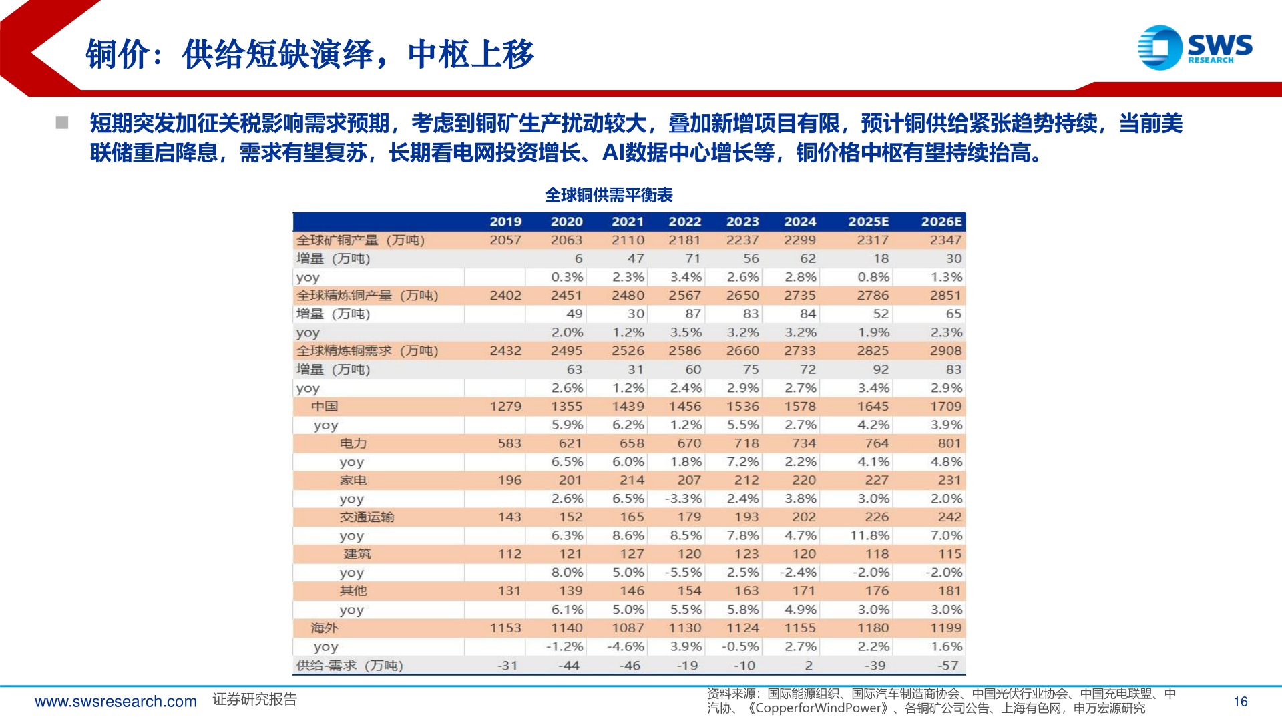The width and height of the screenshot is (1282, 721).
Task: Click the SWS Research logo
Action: click(1195, 47)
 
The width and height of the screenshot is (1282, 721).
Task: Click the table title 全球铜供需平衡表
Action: click(608, 195)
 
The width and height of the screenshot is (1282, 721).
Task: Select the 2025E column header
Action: click(868, 222)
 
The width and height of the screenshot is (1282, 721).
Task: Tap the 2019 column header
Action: click(505, 222)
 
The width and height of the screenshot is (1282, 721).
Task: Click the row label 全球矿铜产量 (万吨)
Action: click(361, 240)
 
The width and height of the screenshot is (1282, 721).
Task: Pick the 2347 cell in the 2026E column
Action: click(945, 240)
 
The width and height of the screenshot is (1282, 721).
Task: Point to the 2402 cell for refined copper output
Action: click(505, 296)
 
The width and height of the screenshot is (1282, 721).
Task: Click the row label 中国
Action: click(325, 407)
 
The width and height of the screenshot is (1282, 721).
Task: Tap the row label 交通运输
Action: click(367, 517)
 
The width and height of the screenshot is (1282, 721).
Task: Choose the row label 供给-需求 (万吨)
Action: click(349, 666)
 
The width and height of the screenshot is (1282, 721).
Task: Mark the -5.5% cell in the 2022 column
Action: click(683, 573)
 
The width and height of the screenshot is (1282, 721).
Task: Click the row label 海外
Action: click(325, 628)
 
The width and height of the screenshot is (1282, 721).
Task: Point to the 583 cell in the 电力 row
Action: click(509, 443)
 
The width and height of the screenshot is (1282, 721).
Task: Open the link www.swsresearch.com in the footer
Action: click(116, 702)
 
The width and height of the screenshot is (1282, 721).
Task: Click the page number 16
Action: click(1241, 702)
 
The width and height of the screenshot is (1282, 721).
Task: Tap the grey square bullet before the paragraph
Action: click(62, 123)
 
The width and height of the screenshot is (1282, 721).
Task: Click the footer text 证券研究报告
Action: click(254, 700)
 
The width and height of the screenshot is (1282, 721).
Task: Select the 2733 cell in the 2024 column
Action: click(800, 351)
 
